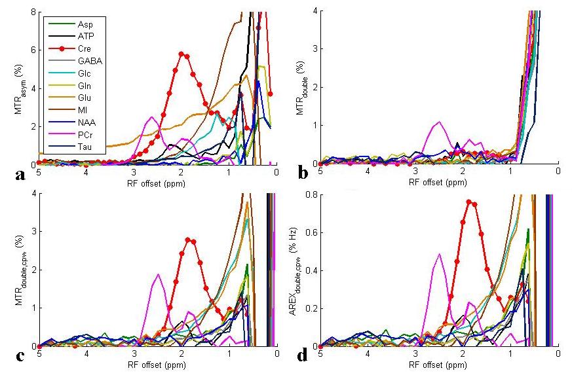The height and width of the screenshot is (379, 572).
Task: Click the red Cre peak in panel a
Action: [181, 54]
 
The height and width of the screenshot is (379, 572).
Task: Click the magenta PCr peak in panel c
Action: [157, 275]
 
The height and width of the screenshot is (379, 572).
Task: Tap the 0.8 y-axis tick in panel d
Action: [310, 194]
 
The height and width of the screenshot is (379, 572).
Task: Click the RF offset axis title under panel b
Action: [439, 181]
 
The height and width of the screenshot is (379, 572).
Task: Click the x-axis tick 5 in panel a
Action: [39, 172]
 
